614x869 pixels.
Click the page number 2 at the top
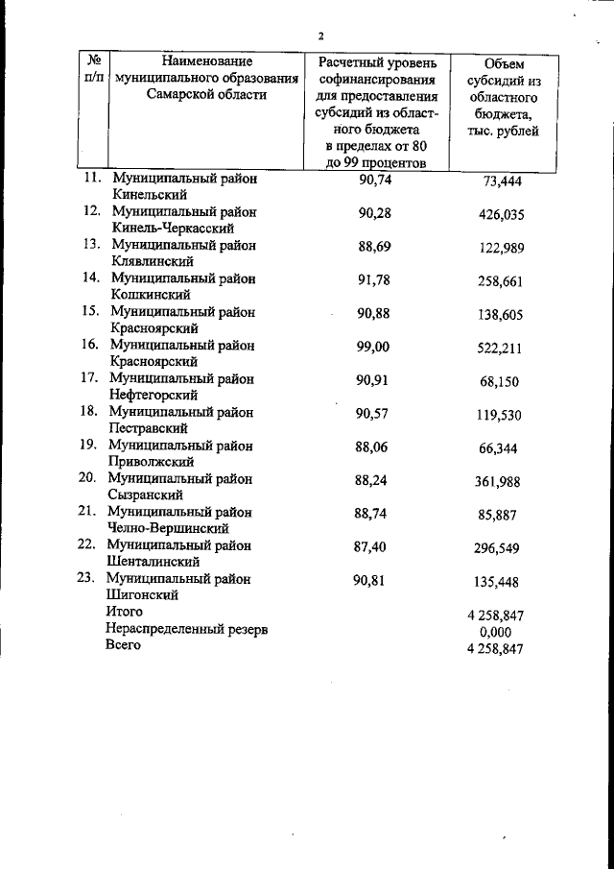(x=321, y=36)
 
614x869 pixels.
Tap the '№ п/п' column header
(x=94, y=68)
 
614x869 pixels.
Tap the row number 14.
(x=92, y=278)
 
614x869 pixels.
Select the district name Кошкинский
(x=151, y=294)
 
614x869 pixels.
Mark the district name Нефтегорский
(x=154, y=394)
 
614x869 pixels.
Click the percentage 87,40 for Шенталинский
(x=370, y=545)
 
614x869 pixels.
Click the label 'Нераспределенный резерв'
(x=186, y=629)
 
